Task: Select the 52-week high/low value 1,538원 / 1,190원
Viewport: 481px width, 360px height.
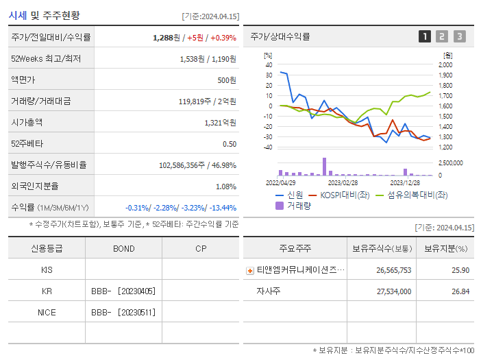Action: (208, 59)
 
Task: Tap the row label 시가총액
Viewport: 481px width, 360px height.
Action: (27, 123)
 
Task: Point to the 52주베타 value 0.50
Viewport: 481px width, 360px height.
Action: (229, 144)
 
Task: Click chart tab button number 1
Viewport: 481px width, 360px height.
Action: (425, 37)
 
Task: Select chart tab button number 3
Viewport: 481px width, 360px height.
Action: (459, 37)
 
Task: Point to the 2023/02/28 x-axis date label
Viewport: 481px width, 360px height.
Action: (343, 182)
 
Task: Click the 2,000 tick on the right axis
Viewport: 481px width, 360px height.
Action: (447, 64)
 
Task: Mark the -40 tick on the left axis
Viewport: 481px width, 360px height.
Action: (268, 147)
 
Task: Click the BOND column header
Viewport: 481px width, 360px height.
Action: (123, 248)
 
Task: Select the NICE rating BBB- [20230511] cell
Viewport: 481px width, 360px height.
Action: (123, 312)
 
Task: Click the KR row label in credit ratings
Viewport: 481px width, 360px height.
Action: (47, 291)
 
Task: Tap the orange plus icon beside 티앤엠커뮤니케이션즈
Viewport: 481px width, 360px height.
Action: (250, 271)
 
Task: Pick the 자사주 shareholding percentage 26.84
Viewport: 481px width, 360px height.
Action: (460, 291)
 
